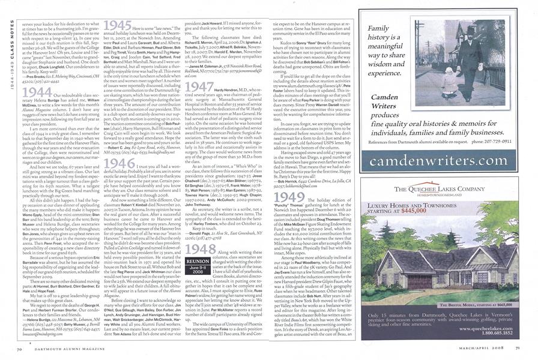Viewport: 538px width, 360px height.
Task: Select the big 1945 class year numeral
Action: [118, 27]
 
